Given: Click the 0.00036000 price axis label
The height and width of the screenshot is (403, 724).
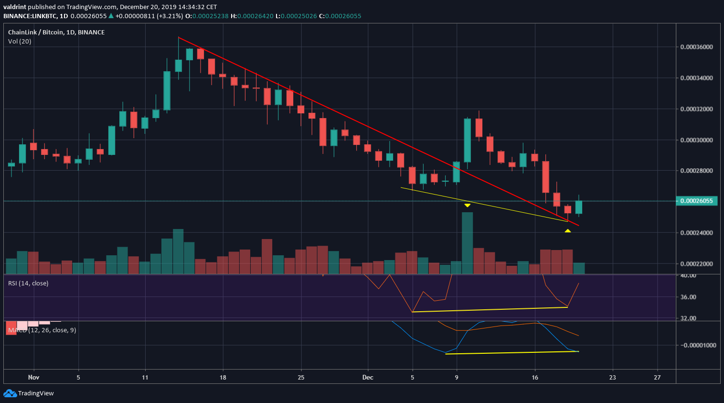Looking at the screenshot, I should coord(696,47).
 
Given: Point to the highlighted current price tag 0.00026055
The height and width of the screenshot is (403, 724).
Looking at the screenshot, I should coord(696,201).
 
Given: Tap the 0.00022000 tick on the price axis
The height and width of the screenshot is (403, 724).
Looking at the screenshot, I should coord(696,264).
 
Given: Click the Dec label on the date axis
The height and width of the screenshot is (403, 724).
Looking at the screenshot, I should coord(368,377).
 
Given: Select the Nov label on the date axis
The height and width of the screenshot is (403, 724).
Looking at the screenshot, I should coord(33,377).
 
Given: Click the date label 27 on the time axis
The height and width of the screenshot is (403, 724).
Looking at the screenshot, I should coord(657,377).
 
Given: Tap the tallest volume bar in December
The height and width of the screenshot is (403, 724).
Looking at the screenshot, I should coord(467,243).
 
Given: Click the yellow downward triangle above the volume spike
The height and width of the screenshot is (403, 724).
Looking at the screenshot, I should coord(468,205).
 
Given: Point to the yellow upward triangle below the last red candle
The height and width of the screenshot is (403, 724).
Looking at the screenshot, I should coord(567,231).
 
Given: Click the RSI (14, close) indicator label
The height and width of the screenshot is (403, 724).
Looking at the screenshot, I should coord(28,283).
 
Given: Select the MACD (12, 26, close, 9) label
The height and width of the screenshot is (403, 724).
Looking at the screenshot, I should coord(42,330).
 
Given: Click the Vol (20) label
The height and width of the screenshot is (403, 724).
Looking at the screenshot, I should coord(20,41).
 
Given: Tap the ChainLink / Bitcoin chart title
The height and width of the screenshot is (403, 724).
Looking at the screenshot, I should coord(56,32).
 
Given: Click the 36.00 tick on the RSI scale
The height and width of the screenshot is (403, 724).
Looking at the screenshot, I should coord(688,297).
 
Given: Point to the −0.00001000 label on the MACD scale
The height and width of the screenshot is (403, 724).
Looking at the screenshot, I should coord(698,345).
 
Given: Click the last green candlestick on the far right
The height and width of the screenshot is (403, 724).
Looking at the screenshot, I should coord(579,207).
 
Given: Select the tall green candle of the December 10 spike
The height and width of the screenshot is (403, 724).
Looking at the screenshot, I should coord(468,140).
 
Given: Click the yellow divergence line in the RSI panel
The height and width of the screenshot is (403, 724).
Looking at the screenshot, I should coord(490,310).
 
